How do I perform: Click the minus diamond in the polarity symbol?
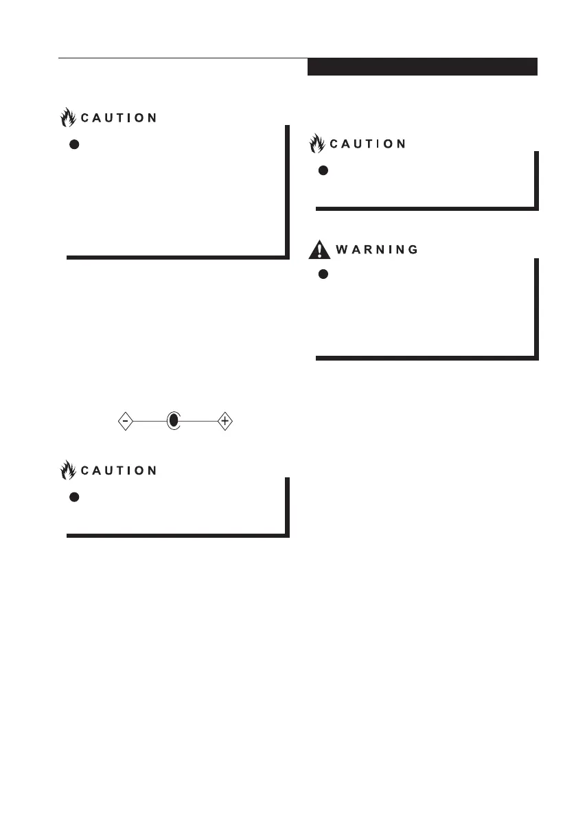(x=125, y=421)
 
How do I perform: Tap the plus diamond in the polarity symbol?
(x=224, y=421)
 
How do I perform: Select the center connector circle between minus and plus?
(x=174, y=421)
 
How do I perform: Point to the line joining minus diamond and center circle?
(x=150, y=421)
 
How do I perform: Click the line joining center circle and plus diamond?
(x=199, y=421)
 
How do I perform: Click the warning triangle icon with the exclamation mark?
(x=319, y=249)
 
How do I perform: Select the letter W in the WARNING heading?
(x=341, y=250)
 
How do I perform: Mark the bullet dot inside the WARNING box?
(x=323, y=274)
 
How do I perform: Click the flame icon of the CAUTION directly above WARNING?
(x=317, y=144)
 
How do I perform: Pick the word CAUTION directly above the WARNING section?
(x=368, y=144)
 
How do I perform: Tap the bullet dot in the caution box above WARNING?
(x=323, y=170)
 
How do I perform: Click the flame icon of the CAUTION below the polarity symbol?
(x=68, y=470)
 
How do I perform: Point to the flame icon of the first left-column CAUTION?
(x=68, y=117)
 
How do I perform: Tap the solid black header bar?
(x=422, y=67)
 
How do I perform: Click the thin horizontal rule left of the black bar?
(x=183, y=58)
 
